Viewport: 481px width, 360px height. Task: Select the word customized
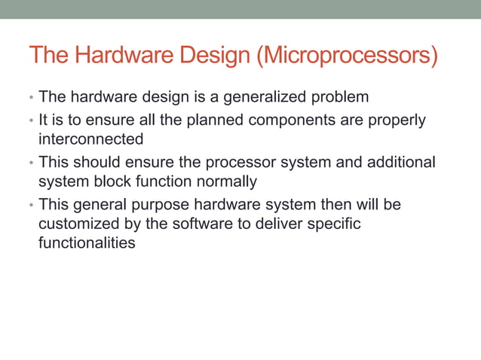pyautogui.click(x=76, y=224)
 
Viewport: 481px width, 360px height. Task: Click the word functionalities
pyautogui.click(x=87, y=243)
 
